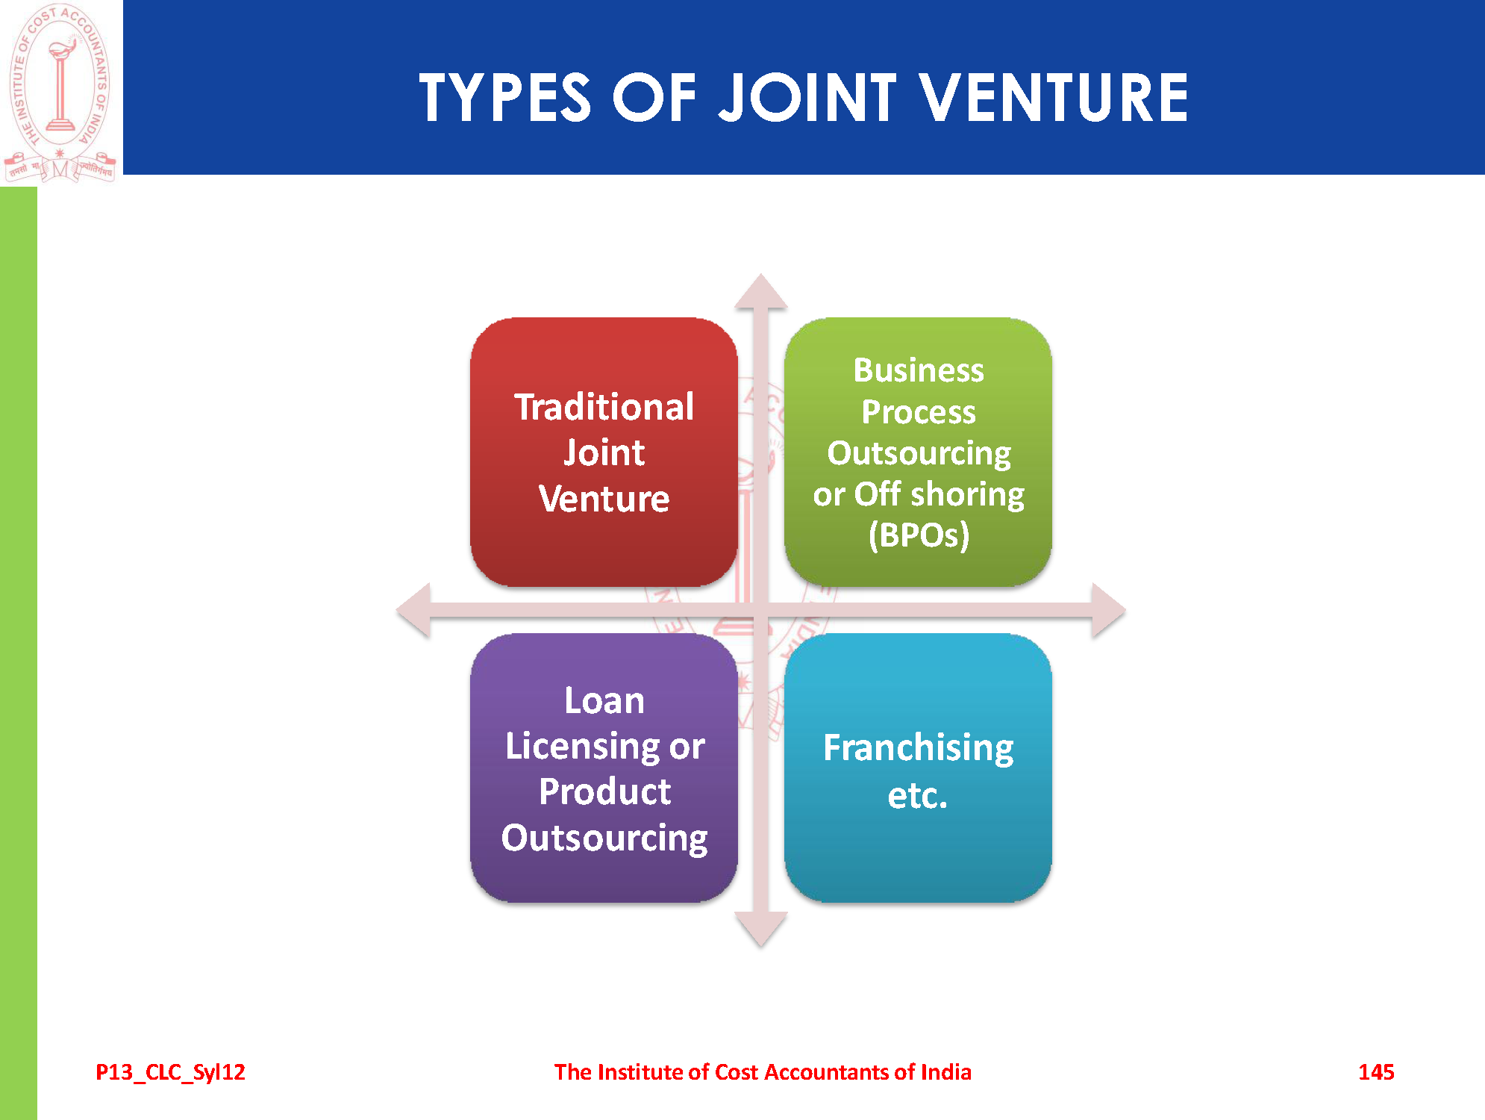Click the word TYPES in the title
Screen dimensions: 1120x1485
pyautogui.click(x=505, y=98)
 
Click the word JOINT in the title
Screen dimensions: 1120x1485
pyautogui.click(x=807, y=98)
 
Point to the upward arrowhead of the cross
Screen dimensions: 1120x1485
pyautogui.click(x=760, y=292)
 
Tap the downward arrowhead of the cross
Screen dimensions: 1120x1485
pyautogui.click(x=760, y=929)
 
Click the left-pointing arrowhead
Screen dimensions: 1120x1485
pyautogui.click(x=415, y=611)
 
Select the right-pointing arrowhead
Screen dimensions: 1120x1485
pyautogui.click(x=1107, y=611)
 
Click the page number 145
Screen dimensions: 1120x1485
pyautogui.click(x=1376, y=1072)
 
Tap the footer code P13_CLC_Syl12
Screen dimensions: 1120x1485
pyautogui.click(x=170, y=1072)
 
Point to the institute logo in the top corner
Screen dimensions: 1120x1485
pyautogui.click(x=60, y=91)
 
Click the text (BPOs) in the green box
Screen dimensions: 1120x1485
pyautogui.click(x=919, y=535)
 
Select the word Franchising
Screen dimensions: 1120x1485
pyautogui.click(x=918, y=747)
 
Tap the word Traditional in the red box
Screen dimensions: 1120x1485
pyautogui.click(x=604, y=408)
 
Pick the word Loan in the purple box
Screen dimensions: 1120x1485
pyautogui.click(x=604, y=700)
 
